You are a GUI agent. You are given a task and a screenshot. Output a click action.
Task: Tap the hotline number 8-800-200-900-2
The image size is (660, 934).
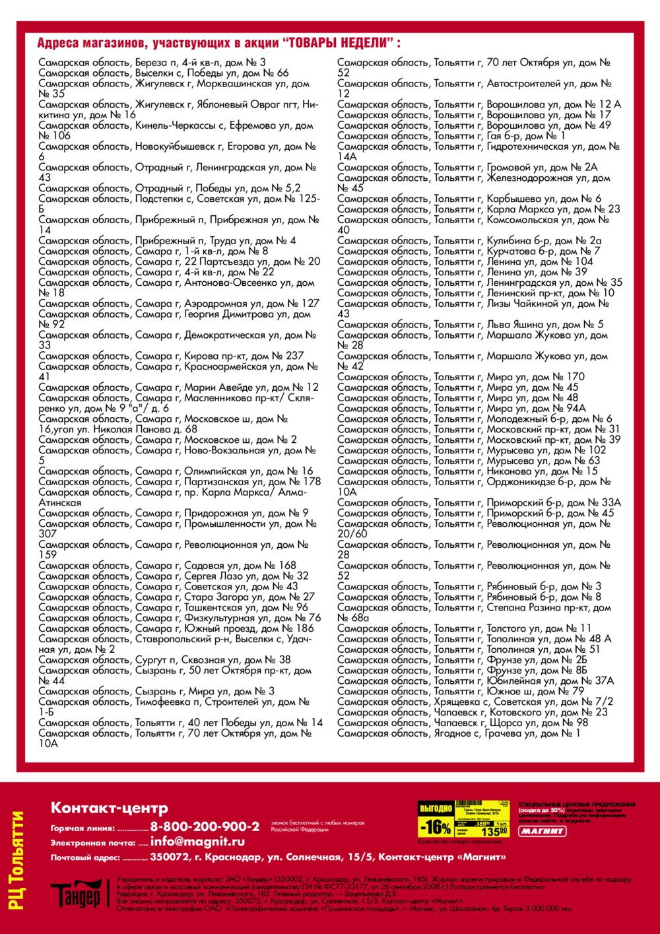coord(205,826)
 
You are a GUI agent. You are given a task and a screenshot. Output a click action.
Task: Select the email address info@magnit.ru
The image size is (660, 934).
coord(197,842)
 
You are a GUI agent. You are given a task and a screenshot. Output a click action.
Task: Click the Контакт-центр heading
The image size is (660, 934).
coord(110,808)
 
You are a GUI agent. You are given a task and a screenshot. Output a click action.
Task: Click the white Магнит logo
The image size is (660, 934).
coord(542,831)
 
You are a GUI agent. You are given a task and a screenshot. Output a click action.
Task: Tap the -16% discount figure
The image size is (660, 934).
coord(435,827)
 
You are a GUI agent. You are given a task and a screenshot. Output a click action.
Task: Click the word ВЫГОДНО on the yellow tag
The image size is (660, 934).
coord(436,809)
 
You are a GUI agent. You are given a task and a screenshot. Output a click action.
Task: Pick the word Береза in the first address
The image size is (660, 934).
coord(151,63)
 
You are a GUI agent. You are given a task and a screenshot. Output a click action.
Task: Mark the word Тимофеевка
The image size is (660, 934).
coord(164,702)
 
